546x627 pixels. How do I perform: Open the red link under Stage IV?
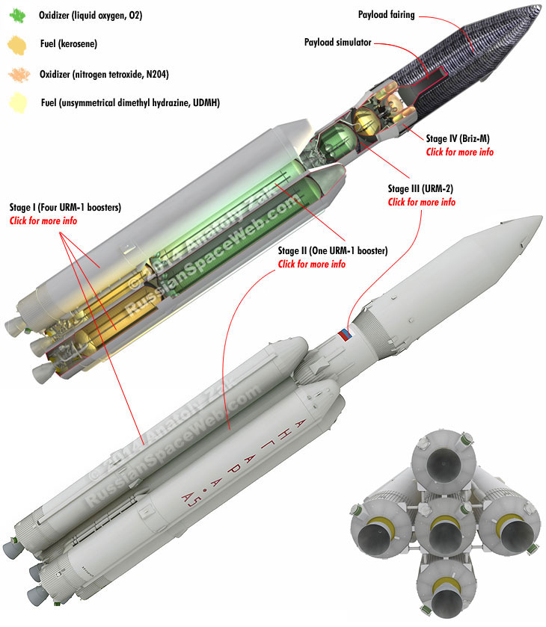pyautogui.click(x=459, y=152)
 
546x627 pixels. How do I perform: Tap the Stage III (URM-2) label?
pyautogui.click(x=421, y=189)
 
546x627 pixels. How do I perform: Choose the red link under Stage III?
pyautogui.click(x=421, y=202)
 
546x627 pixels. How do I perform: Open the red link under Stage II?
pyautogui.click(x=312, y=265)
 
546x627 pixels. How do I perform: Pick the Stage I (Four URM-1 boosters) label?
pyautogui.click(x=65, y=207)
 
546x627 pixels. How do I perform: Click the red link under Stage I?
pyautogui.click(x=43, y=220)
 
